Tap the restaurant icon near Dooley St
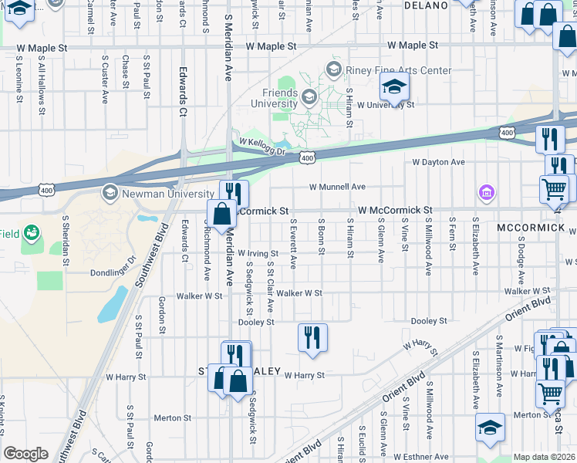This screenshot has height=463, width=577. [312, 337]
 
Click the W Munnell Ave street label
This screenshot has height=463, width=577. [337, 187]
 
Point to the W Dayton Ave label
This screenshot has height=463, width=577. [438, 162]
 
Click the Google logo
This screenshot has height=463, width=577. [25, 454]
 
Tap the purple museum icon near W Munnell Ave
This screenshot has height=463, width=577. [486, 191]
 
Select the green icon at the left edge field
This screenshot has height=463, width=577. [31, 231]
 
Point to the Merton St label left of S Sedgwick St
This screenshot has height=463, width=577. [167, 417]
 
